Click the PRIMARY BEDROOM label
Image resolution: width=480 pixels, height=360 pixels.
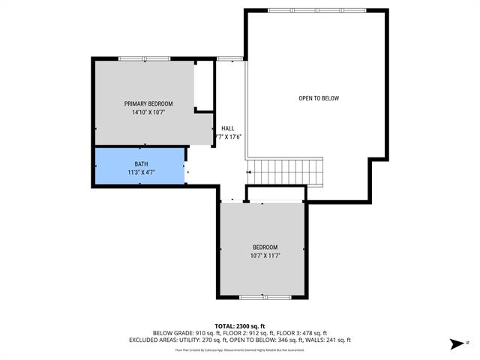(148, 103)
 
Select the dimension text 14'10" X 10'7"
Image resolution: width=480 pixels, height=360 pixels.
(148, 112)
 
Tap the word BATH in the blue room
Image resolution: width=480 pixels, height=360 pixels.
(141, 164)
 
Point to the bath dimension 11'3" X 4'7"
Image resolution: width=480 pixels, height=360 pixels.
(141, 172)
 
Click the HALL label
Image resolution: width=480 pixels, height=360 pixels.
(227, 128)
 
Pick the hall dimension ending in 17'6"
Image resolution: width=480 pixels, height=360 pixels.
(228, 136)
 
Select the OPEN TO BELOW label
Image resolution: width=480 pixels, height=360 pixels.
(319, 98)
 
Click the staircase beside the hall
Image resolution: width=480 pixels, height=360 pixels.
(286, 174)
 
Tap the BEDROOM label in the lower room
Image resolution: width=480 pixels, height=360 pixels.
(265, 247)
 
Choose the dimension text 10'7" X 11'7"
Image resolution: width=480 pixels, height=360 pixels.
(265, 256)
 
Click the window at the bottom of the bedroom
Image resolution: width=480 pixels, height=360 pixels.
(265, 298)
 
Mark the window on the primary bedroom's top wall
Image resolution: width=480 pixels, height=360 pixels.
(144, 58)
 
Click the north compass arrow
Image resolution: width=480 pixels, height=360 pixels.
(455, 344)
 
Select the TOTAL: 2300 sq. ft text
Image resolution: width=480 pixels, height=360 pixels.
(240, 325)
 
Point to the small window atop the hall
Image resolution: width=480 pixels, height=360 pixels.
(229, 58)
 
